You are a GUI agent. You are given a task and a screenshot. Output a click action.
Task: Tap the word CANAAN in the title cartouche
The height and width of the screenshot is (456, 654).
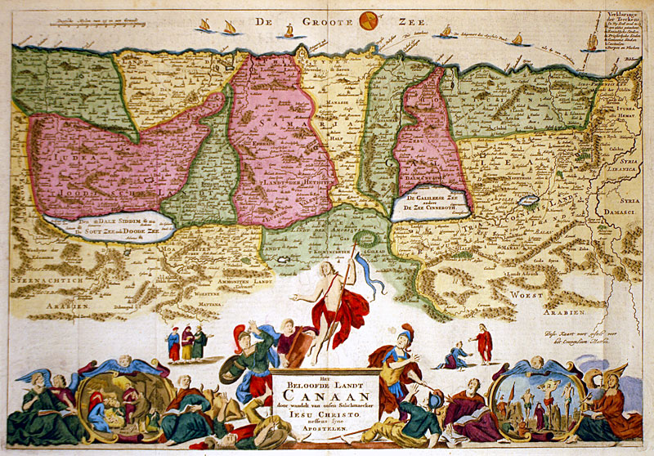pos(325,391)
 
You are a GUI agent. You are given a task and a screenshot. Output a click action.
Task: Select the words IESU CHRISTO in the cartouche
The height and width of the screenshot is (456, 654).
pos(325,414)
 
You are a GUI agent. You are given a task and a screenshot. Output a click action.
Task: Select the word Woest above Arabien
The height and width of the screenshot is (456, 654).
pos(526,293)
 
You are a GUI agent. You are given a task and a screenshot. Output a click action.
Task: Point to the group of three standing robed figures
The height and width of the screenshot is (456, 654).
pos(186,342)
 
